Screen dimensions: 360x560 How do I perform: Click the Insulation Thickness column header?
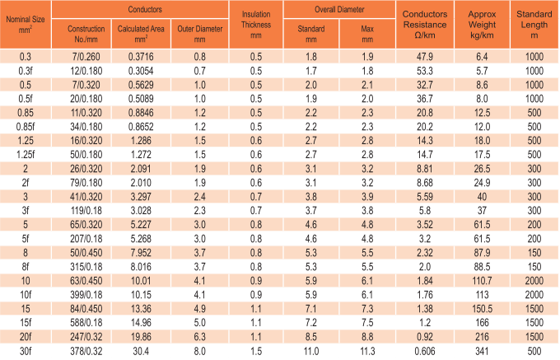(256, 26)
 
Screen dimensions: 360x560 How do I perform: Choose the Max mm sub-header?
(366, 34)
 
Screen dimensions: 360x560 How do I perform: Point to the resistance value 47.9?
(425, 56)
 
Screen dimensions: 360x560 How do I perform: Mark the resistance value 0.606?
(425, 351)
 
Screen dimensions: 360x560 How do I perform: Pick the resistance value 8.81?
(425, 168)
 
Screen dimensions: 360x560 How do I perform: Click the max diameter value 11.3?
(366, 351)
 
